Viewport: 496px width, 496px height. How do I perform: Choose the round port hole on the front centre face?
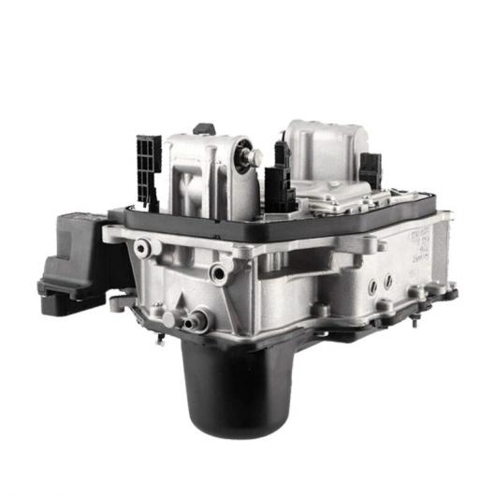(221, 272)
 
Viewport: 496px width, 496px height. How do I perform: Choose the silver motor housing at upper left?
(201, 173)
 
